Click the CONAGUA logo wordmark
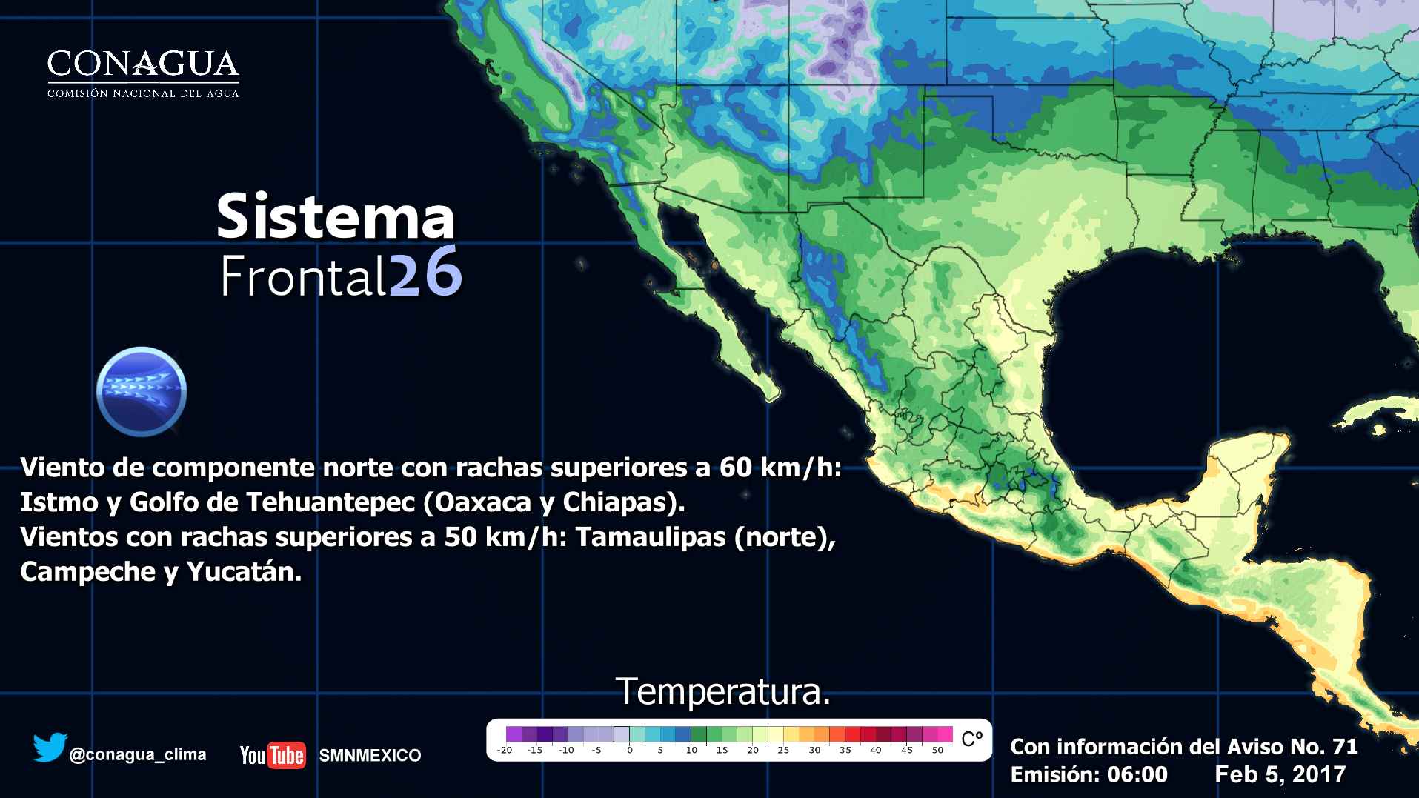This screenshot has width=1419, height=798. pyautogui.click(x=143, y=65)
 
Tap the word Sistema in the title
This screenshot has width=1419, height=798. pyautogui.click(x=335, y=216)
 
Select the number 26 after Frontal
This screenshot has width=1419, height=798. pyautogui.click(x=425, y=275)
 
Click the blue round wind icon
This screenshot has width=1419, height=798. pyautogui.click(x=142, y=390)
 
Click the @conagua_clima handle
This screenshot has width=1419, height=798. pyautogui.click(x=137, y=755)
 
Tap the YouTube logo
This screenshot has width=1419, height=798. pyautogui.click(x=272, y=755)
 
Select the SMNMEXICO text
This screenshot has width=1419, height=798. pyautogui.click(x=370, y=756)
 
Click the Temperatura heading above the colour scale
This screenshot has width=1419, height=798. pyautogui.click(x=722, y=691)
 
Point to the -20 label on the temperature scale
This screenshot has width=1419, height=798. pyautogui.click(x=504, y=750)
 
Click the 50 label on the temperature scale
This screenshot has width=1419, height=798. pyautogui.click(x=937, y=750)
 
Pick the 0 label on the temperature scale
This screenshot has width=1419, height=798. pyautogui.click(x=629, y=750)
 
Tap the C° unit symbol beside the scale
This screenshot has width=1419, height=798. pyautogui.click(x=971, y=739)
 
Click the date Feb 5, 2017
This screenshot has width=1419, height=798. pyautogui.click(x=1280, y=774)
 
